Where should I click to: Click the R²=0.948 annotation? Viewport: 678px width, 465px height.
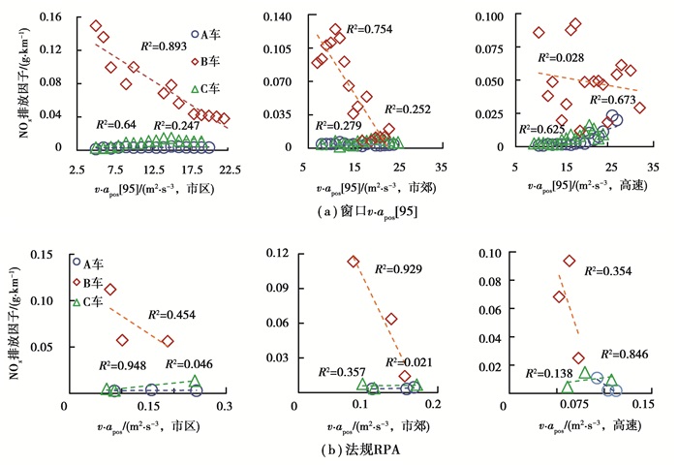coord(120,365)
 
